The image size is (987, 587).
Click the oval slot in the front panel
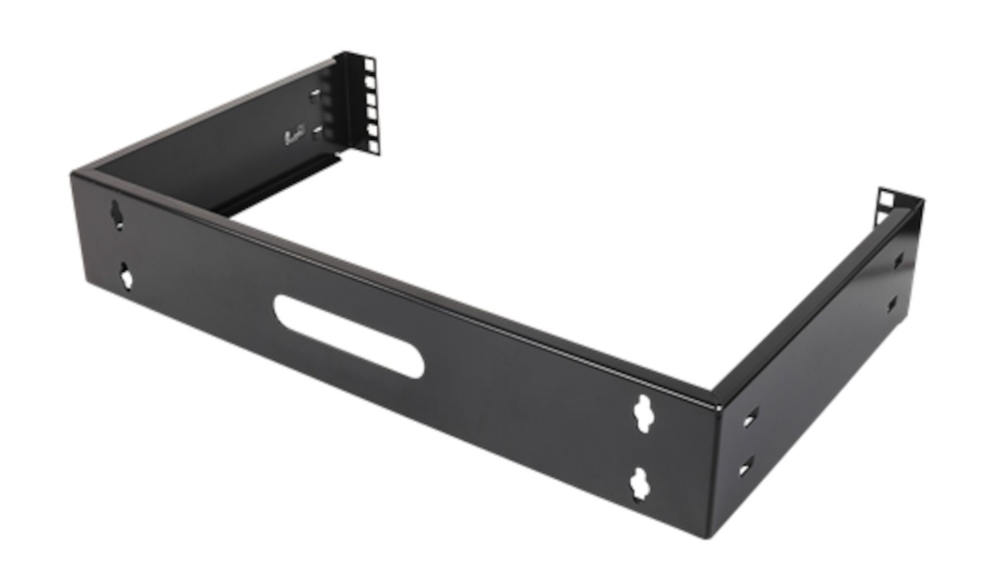(x=348, y=336)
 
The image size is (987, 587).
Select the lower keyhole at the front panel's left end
(x=126, y=276)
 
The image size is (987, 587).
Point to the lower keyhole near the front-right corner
(x=639, y=484)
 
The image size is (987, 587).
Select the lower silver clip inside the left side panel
(x=318, y=132)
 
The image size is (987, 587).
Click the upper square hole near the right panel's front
(x=749, y=419)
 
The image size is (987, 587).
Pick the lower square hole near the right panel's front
(x=745, y=466)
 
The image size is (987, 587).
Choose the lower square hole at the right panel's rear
(x=893, y=305)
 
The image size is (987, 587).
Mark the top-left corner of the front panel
(x=73, y=174)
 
